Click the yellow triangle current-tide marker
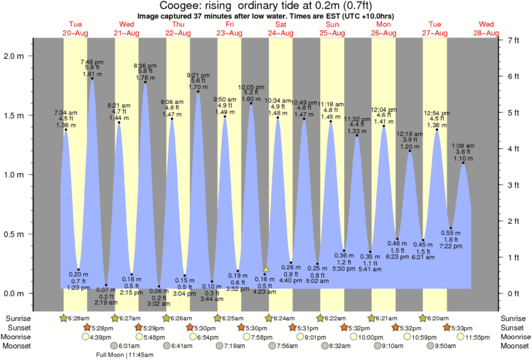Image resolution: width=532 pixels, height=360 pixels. coord(266,269)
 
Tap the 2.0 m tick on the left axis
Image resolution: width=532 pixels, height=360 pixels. coord(17,56)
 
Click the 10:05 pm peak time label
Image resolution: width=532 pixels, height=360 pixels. coord(252,87)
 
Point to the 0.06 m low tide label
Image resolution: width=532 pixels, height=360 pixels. coord(159,291)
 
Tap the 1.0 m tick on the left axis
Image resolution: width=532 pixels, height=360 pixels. coord(17,175)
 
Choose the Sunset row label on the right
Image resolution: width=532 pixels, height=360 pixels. coord(515,327)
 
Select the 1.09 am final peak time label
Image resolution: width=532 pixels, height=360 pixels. coord(463,145)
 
